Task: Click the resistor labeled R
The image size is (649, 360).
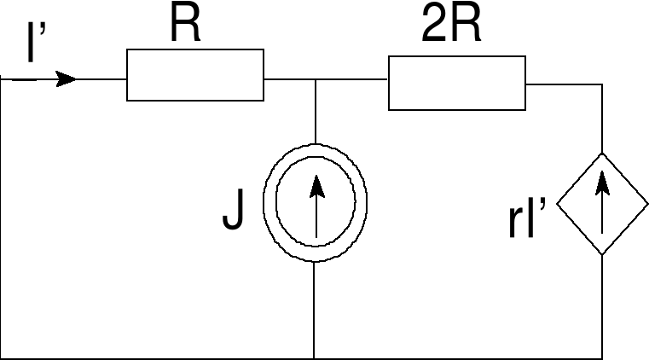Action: point(194,75)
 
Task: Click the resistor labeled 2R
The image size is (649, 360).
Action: point(456,83)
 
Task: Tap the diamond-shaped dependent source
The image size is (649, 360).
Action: point(602,204)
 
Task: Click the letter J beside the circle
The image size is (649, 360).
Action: point(233,211)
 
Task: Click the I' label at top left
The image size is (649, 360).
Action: point(35,44)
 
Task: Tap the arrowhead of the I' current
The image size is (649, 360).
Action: point(66,79)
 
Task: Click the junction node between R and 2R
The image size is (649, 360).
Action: point(316,79)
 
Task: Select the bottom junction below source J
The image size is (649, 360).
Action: point(315,358)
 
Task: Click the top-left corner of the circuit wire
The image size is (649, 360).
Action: point(3,79)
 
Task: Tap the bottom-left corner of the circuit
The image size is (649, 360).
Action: point(3,358)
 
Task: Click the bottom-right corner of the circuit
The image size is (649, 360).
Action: point(602,358)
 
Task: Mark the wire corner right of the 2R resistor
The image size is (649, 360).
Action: point(602,84)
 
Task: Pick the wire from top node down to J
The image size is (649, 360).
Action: point(316,111)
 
